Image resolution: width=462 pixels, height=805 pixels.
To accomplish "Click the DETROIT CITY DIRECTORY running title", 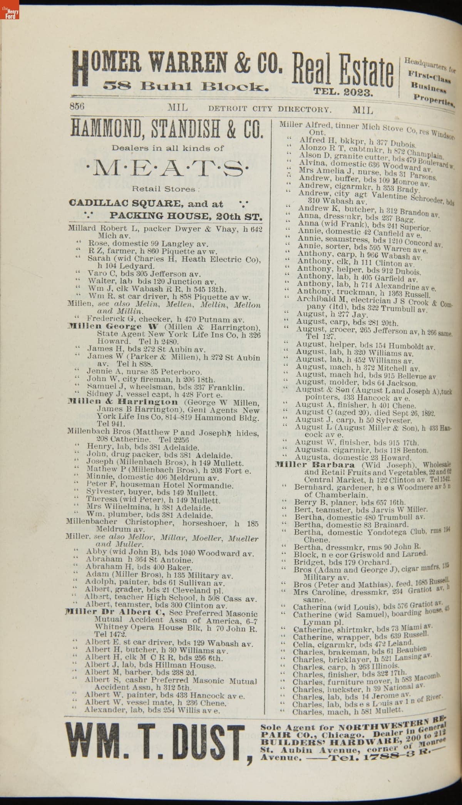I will pyautogui.click(x=269, y=109).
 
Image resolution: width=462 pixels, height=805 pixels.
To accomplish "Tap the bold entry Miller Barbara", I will pyautogui.click(x=315, y=465).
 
